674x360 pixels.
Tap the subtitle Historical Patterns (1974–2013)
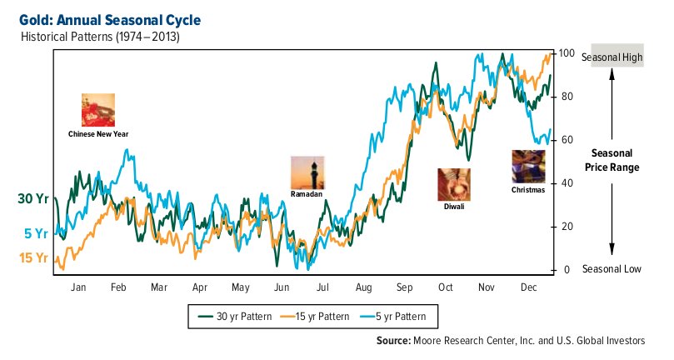[x=100, y=37]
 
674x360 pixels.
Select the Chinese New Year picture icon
[x=97, y=110]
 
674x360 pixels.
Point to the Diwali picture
[x=453, y=184]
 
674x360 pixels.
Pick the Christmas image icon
[x=527, y=167]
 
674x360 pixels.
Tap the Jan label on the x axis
[x=78, y=287]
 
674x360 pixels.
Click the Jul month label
[x=322, y=287]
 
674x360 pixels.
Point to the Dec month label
[x=527, y=287]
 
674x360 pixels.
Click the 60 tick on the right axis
[x=567, y=140]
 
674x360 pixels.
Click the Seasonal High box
[x=612, y=57]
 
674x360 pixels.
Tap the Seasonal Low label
[x=612, y=269]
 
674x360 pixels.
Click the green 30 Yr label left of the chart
[x=32, y=198]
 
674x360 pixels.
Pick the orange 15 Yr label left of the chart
[x=32, y=258]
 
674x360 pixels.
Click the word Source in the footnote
[x=392, y=341]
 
